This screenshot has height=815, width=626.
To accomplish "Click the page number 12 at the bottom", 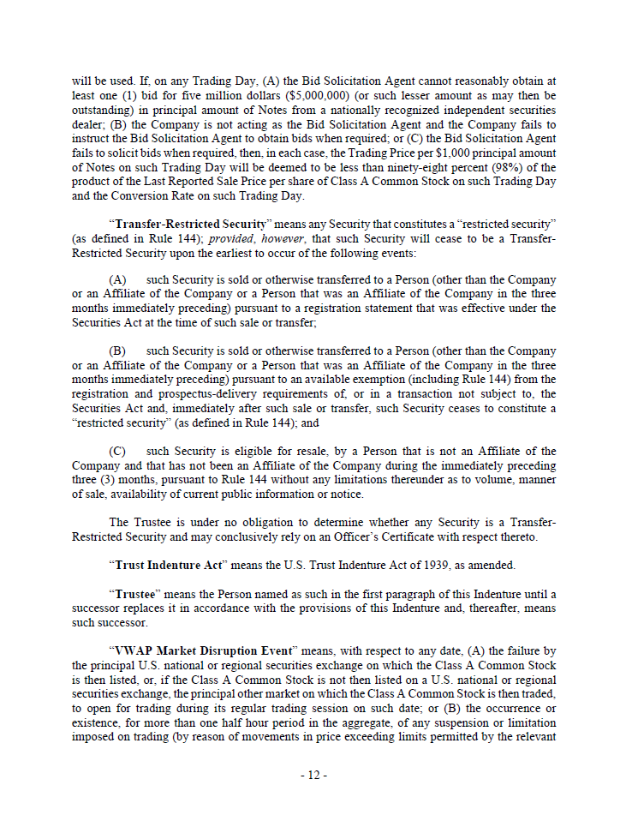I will tap(313, 776).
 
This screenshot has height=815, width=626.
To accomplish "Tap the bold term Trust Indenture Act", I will tap(162, 565).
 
